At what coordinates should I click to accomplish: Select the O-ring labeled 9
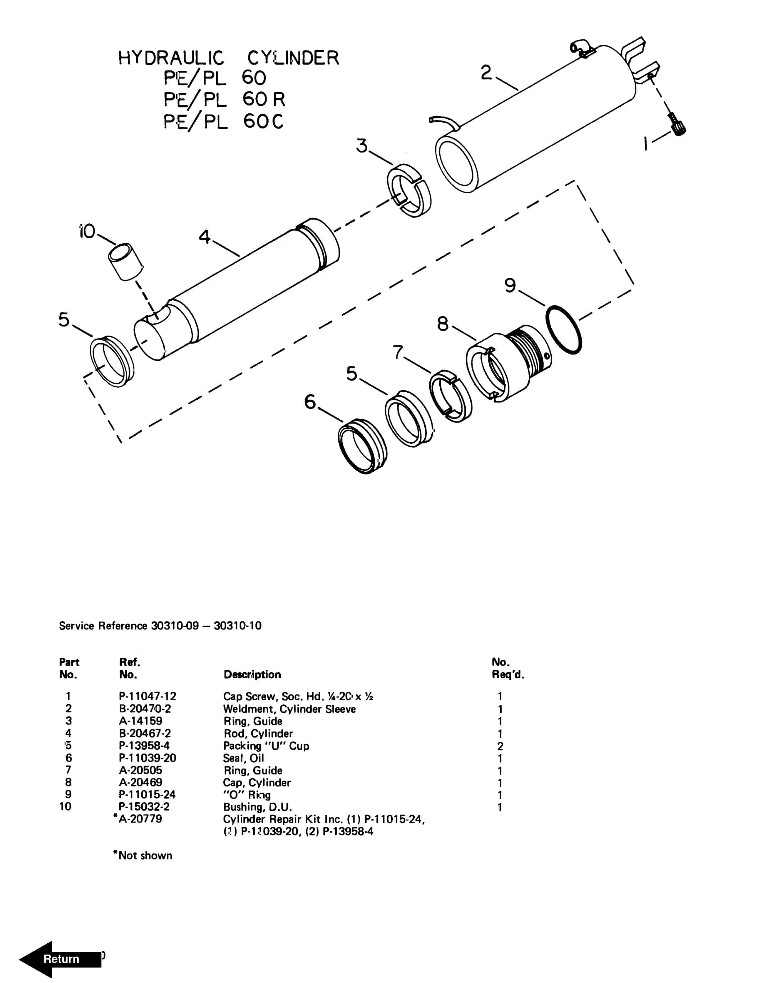tap(563, 330)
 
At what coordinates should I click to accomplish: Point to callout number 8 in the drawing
tap(443, 324)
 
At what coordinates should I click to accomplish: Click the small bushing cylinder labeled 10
tap(125, 262)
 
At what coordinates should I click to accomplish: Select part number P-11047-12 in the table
tap(147, 696)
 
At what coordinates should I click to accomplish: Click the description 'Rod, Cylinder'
tap(258, 734)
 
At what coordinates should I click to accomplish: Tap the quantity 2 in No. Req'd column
tap(500, 746)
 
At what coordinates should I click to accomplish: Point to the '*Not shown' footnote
tap(143, 855)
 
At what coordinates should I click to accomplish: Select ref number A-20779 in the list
tap(140, 819)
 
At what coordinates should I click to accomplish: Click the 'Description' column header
tap(252, 674)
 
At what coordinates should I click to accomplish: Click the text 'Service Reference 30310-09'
tap(128, 626)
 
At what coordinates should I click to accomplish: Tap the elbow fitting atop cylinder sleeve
tap(582, 48)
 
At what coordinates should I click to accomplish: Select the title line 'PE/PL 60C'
tap(223, 122)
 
